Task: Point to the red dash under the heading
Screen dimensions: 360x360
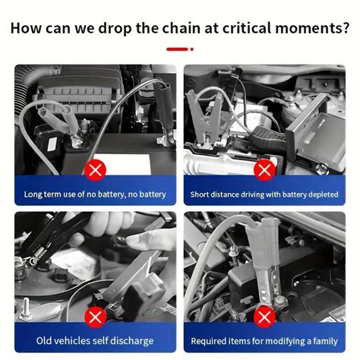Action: pyautogui.click(x=180, y=49)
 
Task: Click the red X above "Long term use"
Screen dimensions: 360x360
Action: pyautogui.click(x=95, y=170)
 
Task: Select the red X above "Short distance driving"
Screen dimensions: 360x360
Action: pyautogui.click(x=264, y=170)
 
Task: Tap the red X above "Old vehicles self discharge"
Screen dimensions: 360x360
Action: pyautogui.click(x=95, y=317)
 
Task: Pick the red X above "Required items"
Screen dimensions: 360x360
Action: pyautogui.click(x=264, y=317)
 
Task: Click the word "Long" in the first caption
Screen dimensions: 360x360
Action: pyautogui.click(x=33, y=194)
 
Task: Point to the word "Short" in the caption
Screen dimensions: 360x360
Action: pyautogui.click(x=197, y=194)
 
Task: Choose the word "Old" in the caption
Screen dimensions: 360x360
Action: pyautogui.click(x=44, y=340)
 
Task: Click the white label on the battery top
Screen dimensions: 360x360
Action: pyautogui.click(x=122, y=163)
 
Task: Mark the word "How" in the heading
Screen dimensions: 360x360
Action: pyautogui.click(x=26, y=28)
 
